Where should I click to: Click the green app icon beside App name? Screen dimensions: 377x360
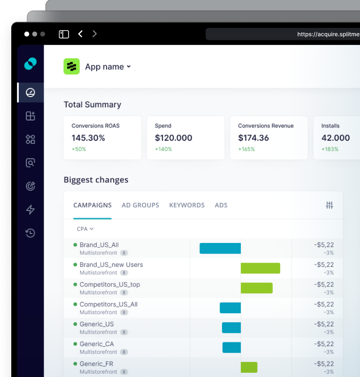point(71,67)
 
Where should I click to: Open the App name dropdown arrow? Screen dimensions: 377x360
point(129,67)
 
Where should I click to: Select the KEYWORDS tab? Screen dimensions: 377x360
point(187,205)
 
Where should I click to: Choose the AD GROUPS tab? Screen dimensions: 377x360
point(140,205)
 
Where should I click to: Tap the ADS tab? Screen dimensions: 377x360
point(221,205)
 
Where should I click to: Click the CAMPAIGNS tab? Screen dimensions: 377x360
point(92,205)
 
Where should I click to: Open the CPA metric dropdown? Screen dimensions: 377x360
point(85,229)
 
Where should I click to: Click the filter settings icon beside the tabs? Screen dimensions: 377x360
point(329,205)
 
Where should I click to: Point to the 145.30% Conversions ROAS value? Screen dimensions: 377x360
point(88,138)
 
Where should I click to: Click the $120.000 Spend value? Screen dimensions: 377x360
point(173,138)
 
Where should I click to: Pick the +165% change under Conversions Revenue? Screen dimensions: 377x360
point(246,149)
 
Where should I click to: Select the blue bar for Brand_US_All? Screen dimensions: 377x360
point(220,249)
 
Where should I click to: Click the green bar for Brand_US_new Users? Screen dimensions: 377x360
point(260,268)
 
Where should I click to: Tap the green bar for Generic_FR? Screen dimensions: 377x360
point(249,367)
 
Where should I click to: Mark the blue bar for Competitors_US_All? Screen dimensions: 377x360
point(230,308)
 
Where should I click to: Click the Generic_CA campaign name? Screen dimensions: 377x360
point(97,344)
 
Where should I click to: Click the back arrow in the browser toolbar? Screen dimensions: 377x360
point(80,34)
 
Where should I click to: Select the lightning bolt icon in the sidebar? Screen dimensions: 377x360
point(31,210)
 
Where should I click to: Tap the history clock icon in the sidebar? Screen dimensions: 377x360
point(31,233)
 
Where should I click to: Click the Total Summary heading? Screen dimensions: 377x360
point(92,105)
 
